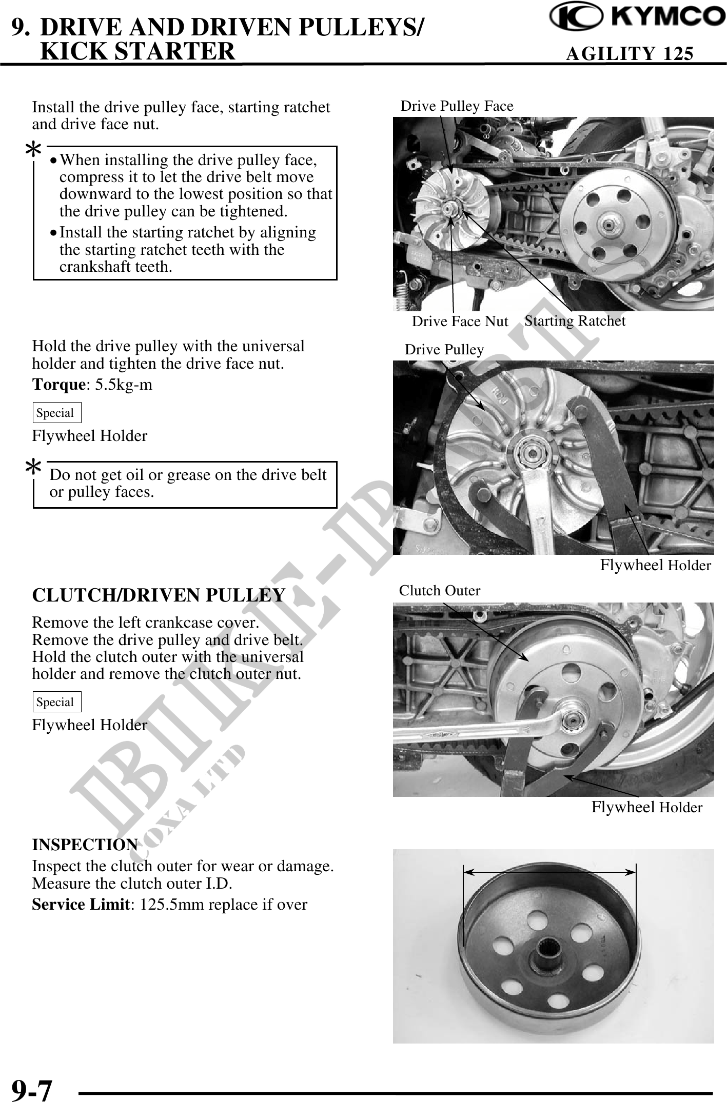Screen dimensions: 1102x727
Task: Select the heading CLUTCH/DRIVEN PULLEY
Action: (x=159, y=595)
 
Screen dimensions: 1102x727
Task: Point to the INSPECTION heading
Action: (x=85, y=844)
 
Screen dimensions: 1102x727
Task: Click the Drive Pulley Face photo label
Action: (x=457, y=106)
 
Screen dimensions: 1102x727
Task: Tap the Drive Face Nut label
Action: (x=460, y=322)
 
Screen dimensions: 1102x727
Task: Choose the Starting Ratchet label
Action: (x=575, y=321)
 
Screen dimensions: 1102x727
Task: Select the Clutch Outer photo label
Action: (x=440, y=591)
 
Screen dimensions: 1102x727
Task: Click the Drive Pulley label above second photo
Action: (x=444, y=350)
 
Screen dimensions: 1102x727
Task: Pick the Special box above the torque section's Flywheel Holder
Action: (x=56, y=413)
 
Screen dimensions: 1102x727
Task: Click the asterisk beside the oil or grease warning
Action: (x=34, y=468)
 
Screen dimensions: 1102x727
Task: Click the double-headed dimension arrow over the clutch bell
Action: (x=549, y=871)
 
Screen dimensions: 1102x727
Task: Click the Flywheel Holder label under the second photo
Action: (x=655, y=566)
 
